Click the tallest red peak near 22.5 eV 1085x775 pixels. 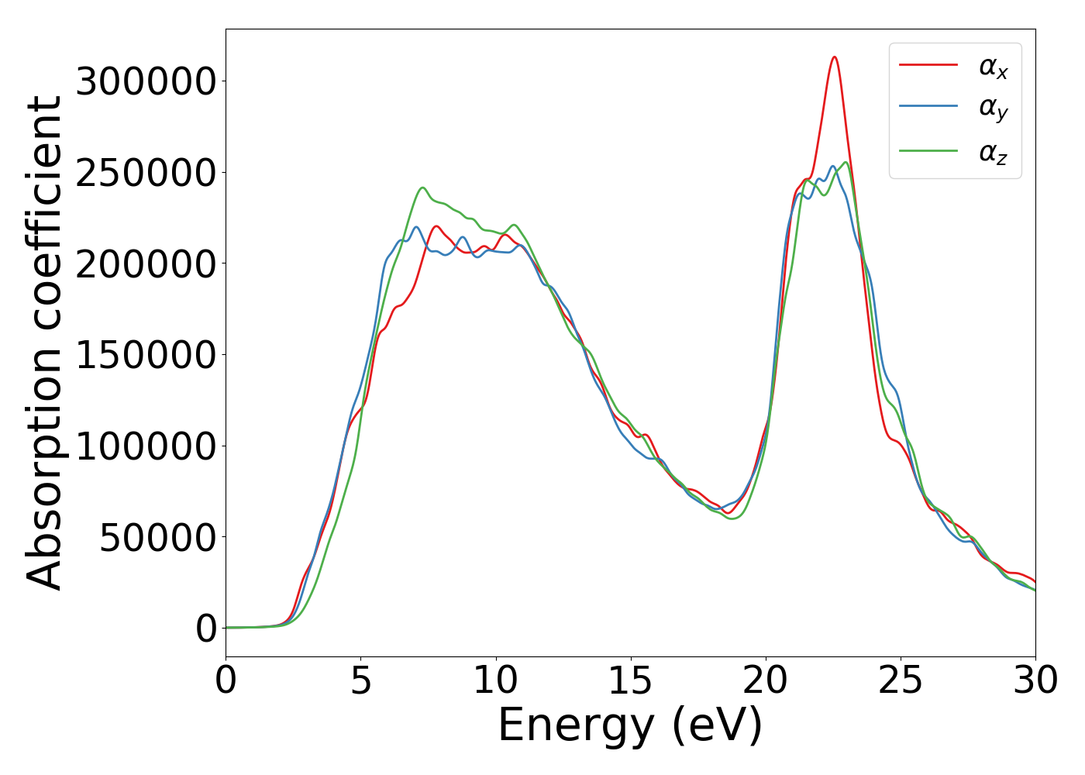(834, 57)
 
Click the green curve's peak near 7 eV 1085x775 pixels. (422, 188)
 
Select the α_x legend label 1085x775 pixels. (993, 67)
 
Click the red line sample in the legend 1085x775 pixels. (928, 65)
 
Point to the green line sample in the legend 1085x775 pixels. (928, 150)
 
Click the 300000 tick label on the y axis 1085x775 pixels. (145, 81)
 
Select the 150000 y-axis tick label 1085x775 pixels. (145, 355)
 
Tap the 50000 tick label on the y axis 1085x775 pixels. (157, 537)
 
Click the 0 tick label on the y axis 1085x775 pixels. (206, 629)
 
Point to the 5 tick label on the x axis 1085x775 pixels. (361, 681)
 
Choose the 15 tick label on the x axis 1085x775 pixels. (631, 681)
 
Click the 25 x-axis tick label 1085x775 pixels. (901, 681)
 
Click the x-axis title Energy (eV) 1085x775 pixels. (630, 726)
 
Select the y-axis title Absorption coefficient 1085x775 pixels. (44, 343)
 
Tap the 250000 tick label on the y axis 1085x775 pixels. (145, 173)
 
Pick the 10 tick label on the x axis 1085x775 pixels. (496, 681)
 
